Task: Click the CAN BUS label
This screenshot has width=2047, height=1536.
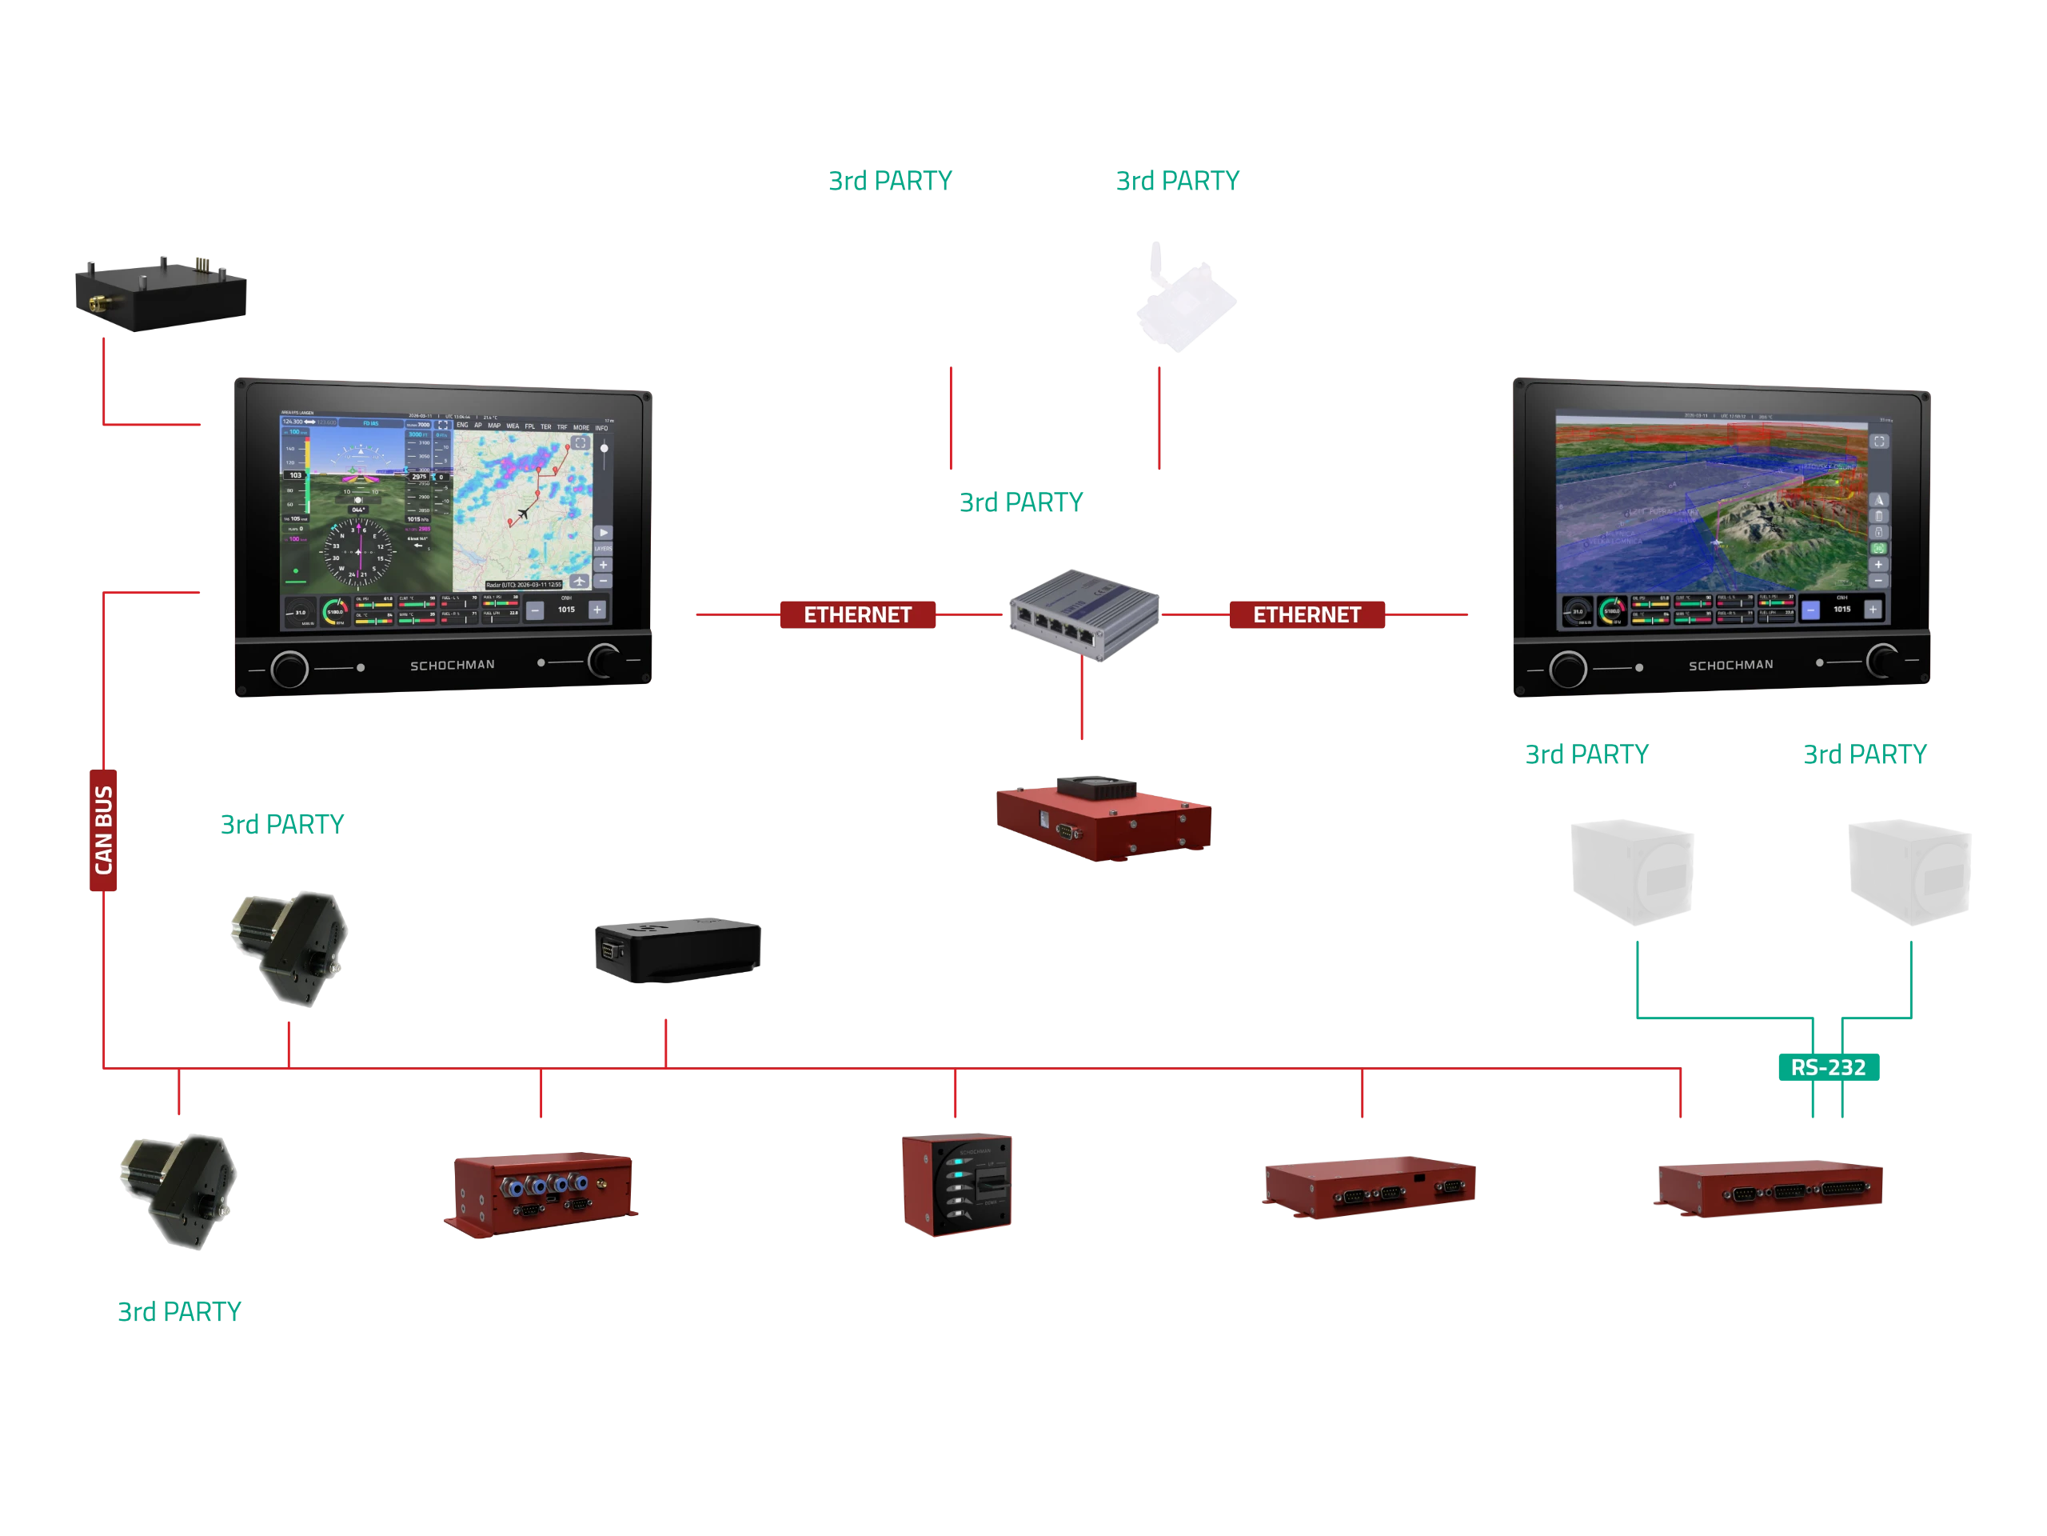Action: point(104,830)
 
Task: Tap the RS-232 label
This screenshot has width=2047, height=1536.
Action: point(1828,1066)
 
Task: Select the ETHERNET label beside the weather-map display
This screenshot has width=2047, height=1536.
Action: point(858,614)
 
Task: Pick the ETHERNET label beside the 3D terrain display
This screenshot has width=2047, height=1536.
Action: point(1307,614)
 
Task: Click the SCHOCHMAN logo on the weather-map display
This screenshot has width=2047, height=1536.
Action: point(453,665)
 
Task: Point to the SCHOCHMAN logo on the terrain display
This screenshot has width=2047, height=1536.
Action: point(1730,665)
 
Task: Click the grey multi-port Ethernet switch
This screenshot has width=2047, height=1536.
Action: point(1083,613)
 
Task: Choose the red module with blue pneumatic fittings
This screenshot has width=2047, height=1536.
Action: point(542,1193)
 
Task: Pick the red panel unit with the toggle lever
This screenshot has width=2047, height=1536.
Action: point(959,1185)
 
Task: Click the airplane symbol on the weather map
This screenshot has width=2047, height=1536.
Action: point(525,513)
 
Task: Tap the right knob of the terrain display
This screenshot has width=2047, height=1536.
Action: point(1882,661)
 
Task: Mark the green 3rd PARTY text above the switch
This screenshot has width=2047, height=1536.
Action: point(1021,501)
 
